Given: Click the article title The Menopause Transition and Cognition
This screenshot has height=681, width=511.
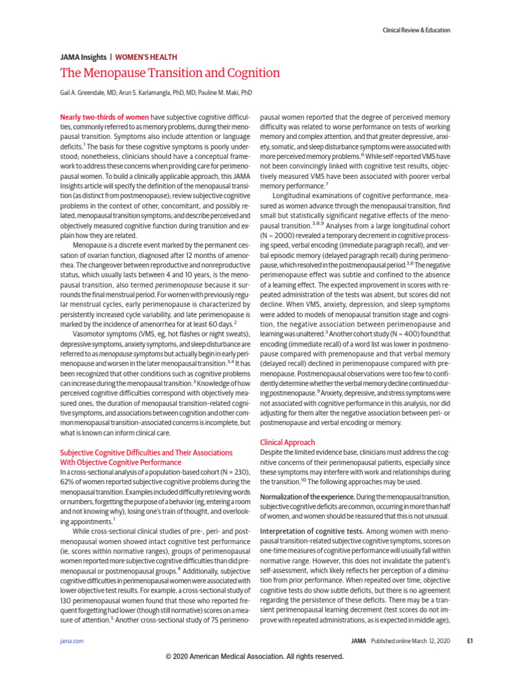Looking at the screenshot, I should (170, 73).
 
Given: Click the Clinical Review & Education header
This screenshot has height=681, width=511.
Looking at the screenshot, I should (417, 30).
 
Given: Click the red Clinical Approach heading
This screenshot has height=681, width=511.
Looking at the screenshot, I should (287, 442).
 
